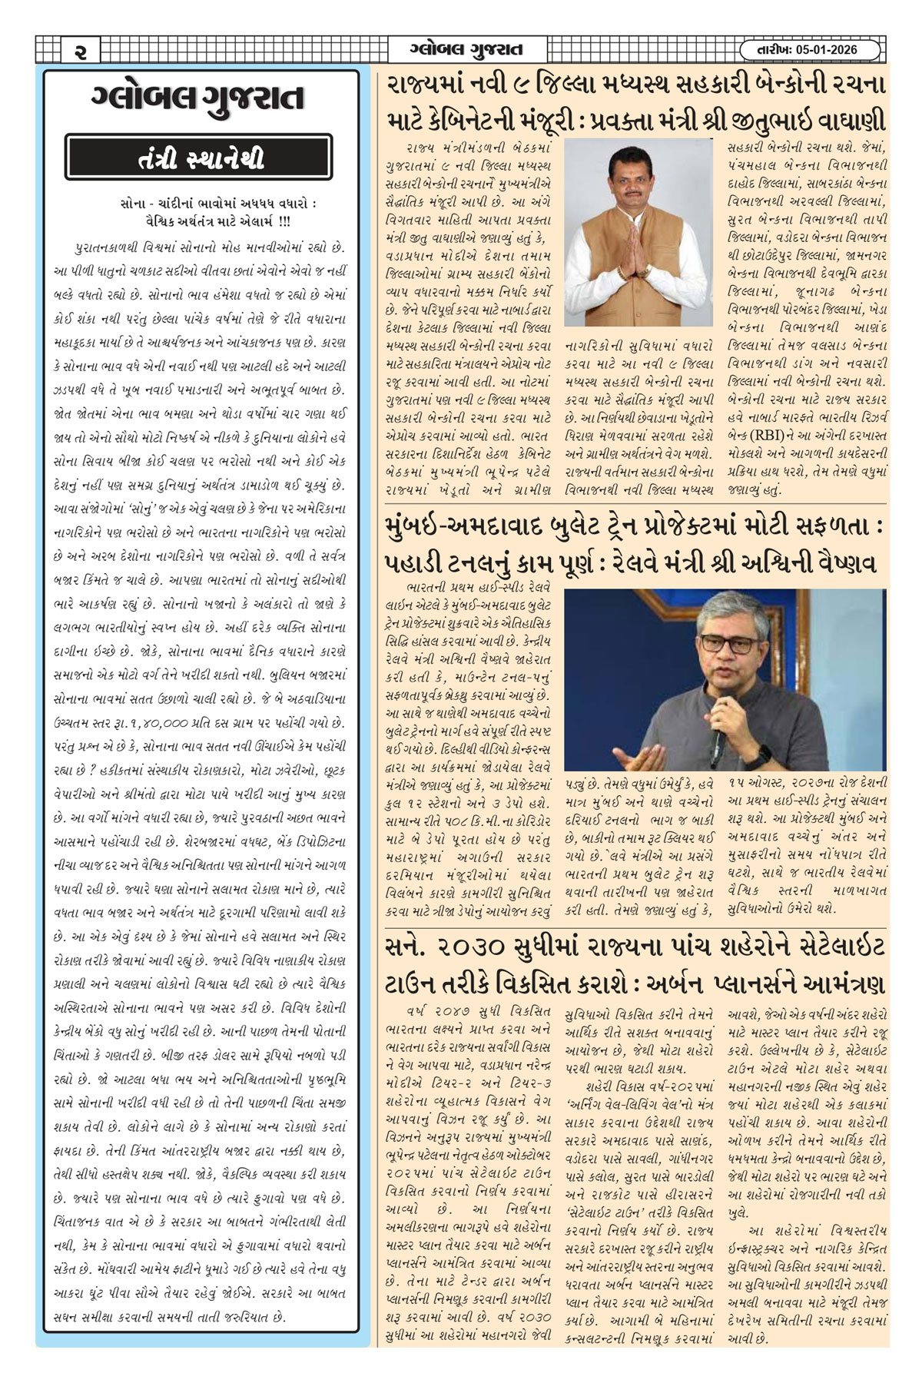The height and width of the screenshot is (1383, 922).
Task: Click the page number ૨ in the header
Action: point(80,51)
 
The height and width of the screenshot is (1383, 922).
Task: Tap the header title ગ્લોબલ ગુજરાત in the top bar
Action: point(466,50)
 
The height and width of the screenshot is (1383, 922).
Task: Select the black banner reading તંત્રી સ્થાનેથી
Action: point(199,158)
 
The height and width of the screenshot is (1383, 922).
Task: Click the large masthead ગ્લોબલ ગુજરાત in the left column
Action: point(198,99)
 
